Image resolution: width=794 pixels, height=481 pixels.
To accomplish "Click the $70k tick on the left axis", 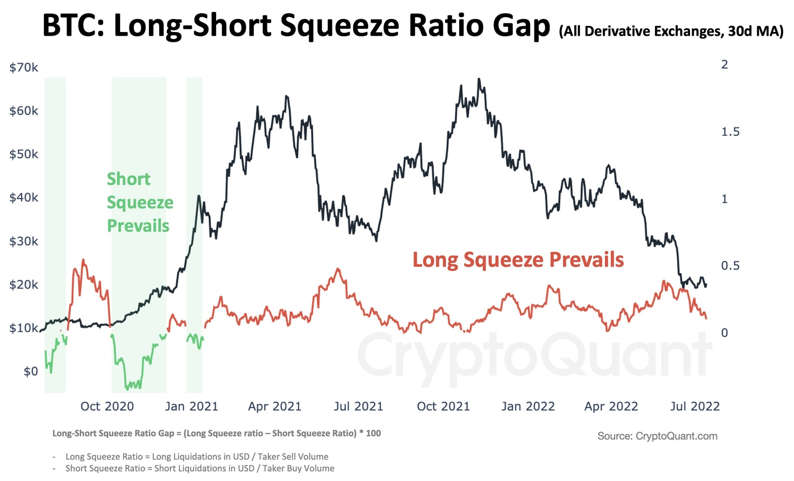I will point(24,68).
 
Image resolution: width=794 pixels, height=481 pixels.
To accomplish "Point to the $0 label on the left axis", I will point(30,371).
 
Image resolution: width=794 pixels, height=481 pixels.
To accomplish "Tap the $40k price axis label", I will point(24,198).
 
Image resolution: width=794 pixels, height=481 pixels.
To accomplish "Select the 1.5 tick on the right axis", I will point(730,132).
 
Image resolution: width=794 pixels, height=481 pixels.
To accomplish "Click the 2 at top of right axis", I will point(724,65).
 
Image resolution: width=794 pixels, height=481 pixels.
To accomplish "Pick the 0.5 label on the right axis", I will point(730,266).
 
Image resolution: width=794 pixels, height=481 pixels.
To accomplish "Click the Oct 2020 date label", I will point(107,407).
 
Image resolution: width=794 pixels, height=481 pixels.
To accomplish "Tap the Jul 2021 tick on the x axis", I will point(358,407).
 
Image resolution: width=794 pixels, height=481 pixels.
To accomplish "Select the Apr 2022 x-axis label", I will point(611,407).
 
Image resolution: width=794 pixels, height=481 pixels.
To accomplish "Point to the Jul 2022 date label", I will point(695,407).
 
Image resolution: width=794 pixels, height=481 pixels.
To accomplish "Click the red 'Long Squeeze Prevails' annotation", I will point(518,260).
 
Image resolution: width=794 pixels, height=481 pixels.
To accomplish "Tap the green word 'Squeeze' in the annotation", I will point(140,203).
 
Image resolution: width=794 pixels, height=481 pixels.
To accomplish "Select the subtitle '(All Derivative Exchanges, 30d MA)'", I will point(671,32).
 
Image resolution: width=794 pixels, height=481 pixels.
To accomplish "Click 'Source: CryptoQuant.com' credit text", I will point(657,436).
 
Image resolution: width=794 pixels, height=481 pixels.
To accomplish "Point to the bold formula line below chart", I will point(217,433).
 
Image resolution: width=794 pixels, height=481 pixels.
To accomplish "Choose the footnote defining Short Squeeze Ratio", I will point(200,469).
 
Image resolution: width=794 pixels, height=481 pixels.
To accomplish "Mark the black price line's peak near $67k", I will point(479,79).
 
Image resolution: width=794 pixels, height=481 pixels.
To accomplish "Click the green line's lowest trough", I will point(127,388).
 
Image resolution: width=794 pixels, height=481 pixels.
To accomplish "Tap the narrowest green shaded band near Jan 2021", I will point(194,235).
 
